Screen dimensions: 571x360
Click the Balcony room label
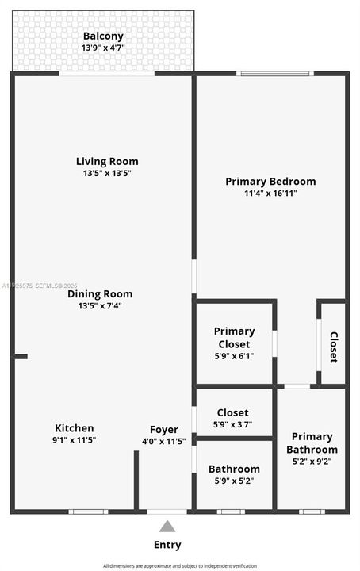(x=103, y=36)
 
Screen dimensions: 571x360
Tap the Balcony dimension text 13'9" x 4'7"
(x=103, y=48)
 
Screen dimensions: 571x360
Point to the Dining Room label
(x=100, y=293)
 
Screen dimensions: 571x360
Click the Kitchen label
(x=75, y=428)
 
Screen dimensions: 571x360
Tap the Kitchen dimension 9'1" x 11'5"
(x=75, y=440)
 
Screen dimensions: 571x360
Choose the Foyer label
(x=164, y=430)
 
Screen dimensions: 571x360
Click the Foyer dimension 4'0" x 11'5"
(x=164, y=441)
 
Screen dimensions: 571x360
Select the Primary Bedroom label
(x=270, y=181)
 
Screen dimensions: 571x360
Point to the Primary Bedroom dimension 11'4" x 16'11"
(x=270, y=193)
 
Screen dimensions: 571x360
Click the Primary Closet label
(x=235, y=337)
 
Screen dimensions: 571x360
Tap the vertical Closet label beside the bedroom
(x=334, y=347)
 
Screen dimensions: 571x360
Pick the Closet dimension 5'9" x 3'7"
(x=233, y=425)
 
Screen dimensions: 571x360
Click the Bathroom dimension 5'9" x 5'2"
(x=234, y=481)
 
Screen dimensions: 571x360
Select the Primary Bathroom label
(x=312, y=443)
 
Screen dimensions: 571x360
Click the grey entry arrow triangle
(x=167, y=526)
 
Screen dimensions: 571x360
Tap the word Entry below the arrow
(x=167, y=545)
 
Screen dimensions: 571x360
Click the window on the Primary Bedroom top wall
(x=276, y=74)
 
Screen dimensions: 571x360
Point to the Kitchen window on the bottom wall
(x=88, y=512)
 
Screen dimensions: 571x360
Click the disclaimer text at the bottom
(x=181, y=565)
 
